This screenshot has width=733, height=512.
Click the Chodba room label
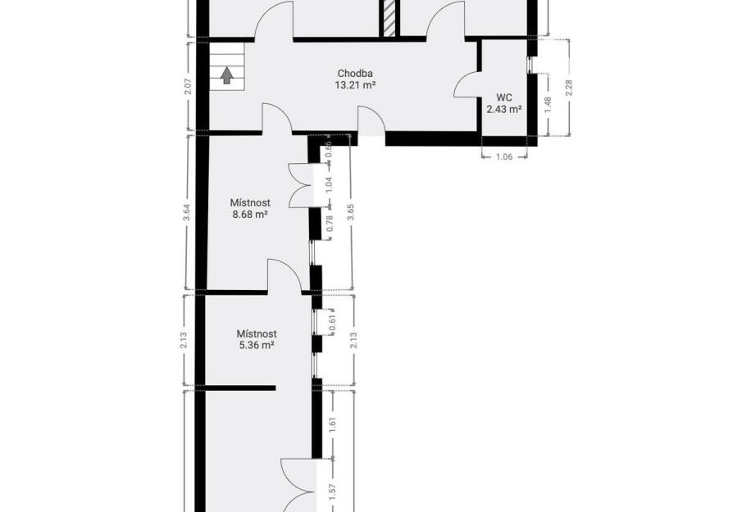pyautogui.click(x=355, y=74)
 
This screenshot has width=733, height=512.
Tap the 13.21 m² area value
pyautogui.click(x=355, y=85)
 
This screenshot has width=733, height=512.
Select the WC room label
pyautogui.click(x=504, y=97)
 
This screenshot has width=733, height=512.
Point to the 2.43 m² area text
pyautogui.click(x=504, y=109)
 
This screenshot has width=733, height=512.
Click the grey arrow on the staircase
pyautogui.click(x=227, y=75)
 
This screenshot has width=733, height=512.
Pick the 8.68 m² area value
pyautogui.click(x=249, y=215)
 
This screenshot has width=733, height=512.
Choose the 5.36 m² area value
pyautogui.click(x=256, y=346)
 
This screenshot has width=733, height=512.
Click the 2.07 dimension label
pyautogui.click(x=188, y=86)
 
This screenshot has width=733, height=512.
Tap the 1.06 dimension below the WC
pyautogui.click(x=504, y=156)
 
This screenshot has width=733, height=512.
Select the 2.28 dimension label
pyautogui.click(x=568, y=88)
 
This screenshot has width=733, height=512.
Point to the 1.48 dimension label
pyautogui.click(x=549, y=104)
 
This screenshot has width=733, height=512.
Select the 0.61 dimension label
pyautogui.click(x=332, y=322)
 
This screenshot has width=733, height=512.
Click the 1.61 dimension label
pyautogui.click(x=333, y=424)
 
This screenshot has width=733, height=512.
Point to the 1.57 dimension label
pyautogui.click(x=333, y=492)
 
